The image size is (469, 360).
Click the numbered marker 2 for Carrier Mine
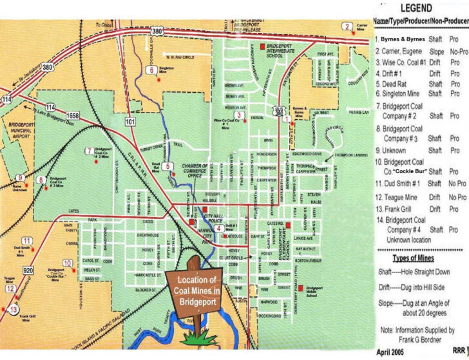click(347, 26)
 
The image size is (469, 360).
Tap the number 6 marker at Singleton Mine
click(151, 70)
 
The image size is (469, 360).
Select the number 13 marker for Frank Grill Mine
click(14, 310)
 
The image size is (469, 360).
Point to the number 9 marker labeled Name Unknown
click(21, 178)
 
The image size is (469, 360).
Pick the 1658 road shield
click(72, 115)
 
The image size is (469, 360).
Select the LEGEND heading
click(420, 8)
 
